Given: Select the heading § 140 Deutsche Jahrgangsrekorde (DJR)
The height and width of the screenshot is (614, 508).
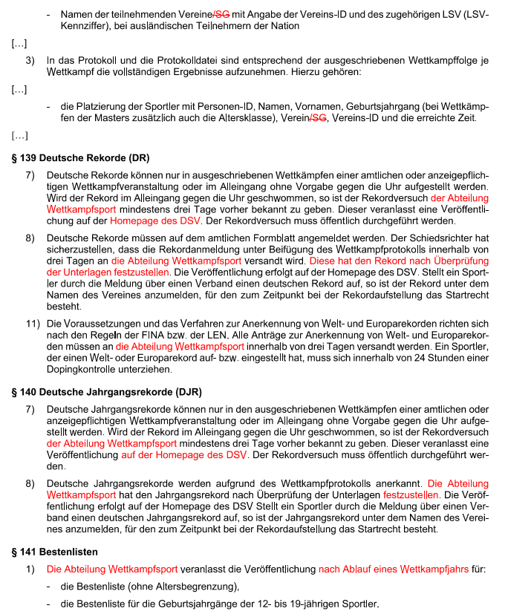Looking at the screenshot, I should pos(106,392).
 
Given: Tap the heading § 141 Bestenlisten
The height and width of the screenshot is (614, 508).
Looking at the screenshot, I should pos(54,552).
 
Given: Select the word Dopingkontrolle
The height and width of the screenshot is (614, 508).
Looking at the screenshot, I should pos(84,370).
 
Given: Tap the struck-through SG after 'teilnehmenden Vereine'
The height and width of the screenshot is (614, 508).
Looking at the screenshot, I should pos(223,14).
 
